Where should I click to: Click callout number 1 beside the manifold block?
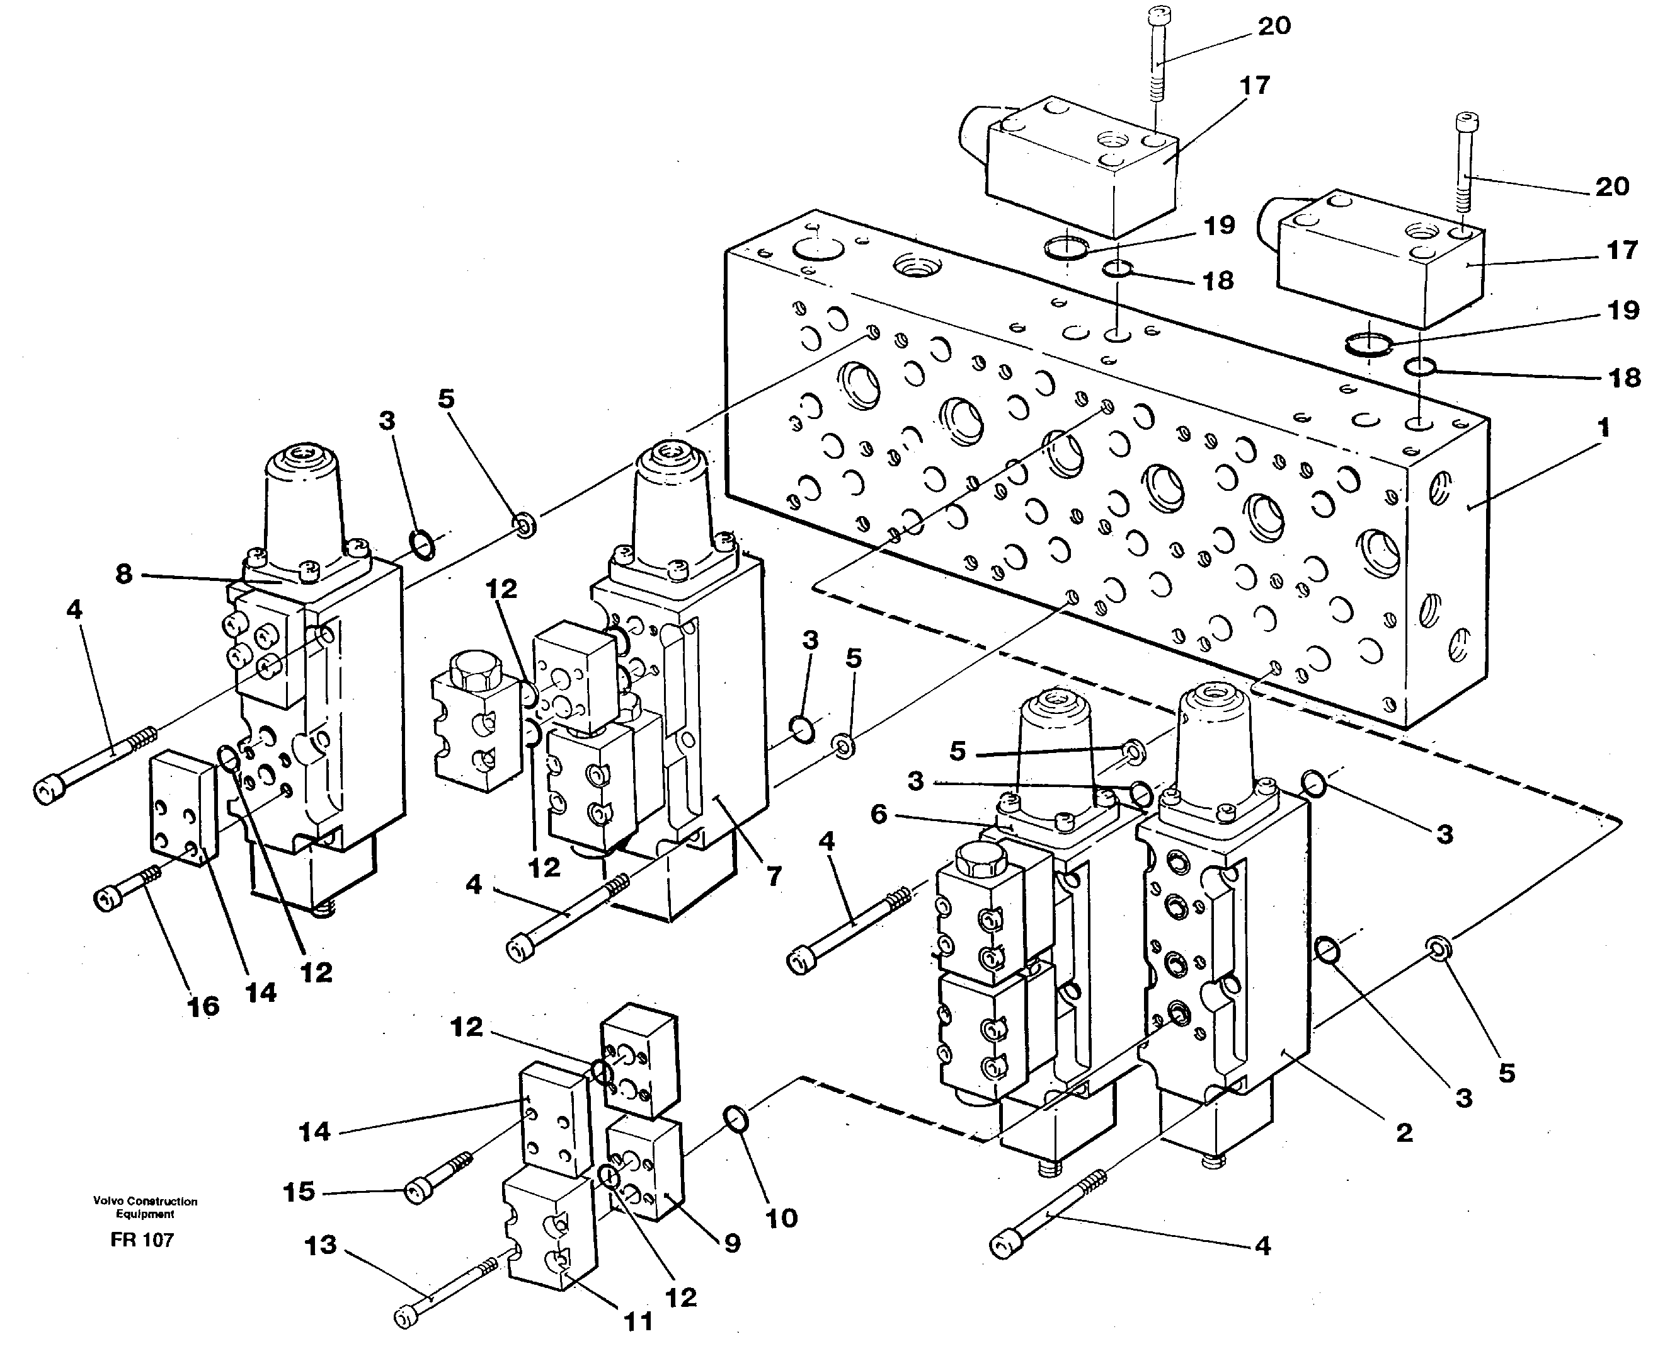pos(1603,428)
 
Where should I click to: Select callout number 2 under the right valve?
pos(1404,1133)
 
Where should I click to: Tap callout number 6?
pos(878,815)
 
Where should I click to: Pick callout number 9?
pos(732,1244)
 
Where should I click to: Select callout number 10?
pos(781,1218)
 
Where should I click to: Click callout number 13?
pos(321,1245)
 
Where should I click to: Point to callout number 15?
pos(299,1192)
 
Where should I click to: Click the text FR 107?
pos(142,1239)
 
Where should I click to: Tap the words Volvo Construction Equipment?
pos(146,1207)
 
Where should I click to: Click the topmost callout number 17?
pos(1254,86)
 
